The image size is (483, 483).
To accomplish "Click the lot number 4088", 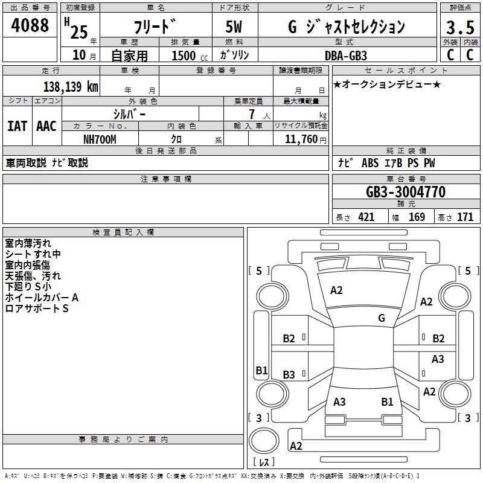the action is [x=31, y=25].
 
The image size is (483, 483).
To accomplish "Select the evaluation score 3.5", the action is [x=459, y=27].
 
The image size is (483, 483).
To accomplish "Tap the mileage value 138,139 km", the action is [x=71, y=87].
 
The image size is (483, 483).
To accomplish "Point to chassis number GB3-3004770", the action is [x=406, y=193].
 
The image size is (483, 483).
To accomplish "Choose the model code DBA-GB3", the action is [x=345, y=55].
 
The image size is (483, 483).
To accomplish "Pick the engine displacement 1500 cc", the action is [x=187, y=56].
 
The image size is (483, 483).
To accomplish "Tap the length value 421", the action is [x=366, y=217].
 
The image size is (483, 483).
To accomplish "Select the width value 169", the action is [x=417, y=217].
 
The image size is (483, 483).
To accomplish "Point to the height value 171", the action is [x=465, y=217].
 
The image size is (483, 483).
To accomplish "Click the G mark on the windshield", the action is [x=382, y=318].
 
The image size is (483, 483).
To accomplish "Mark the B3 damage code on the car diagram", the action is [x=289, y=375].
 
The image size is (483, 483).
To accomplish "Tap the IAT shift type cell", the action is [x=17, y=126].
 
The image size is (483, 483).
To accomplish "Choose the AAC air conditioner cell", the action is [x=46, y=126].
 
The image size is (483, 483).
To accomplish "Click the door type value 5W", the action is [x=234, y=27].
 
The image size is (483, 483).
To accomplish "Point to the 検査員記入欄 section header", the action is [x=123, y=232].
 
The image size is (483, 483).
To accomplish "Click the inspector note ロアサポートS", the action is [x=37, y=309].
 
